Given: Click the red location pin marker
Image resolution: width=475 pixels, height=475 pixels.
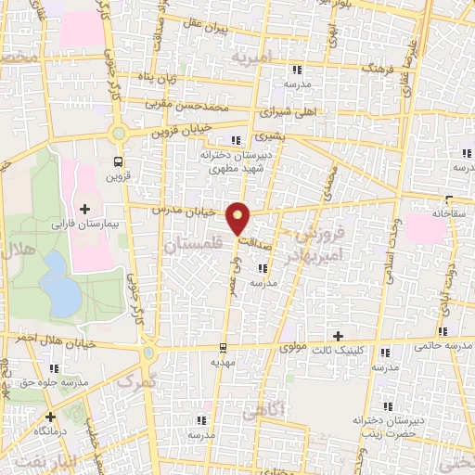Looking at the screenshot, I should click(x=239, y=219).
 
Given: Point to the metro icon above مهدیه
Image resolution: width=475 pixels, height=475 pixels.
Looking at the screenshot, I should click(x=223, y=349).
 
